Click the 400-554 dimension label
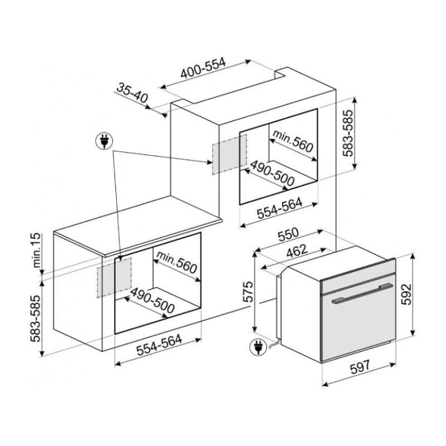click(203, 68)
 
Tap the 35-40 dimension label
click(132, 93)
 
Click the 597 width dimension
click(360, 367)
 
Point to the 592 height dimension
click(406, 294)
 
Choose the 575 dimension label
click(248, 292)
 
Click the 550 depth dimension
click(288, 234)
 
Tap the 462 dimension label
click(297, 251)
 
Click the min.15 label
click(37, 250)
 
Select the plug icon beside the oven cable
click(258, 347)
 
